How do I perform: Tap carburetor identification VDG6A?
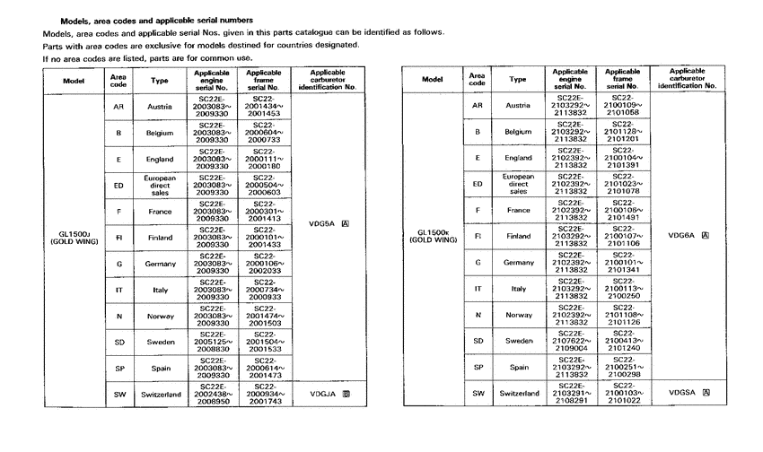click(x=692, y=236)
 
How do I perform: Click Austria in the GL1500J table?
click(x=160, y=107)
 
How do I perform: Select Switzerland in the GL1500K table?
click(x=518, y=393)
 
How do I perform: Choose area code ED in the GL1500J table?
click(x=118, y=186)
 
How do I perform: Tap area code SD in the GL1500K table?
click(x=478, y=341)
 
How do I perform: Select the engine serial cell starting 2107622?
click(x=571, y=341)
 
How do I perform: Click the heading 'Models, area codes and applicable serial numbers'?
click(x=155, y=20)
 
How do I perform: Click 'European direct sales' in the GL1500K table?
click(x=518, y=184)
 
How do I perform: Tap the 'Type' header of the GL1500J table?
click(x=160, y=80)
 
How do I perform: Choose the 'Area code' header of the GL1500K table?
click(x=478, y=79)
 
